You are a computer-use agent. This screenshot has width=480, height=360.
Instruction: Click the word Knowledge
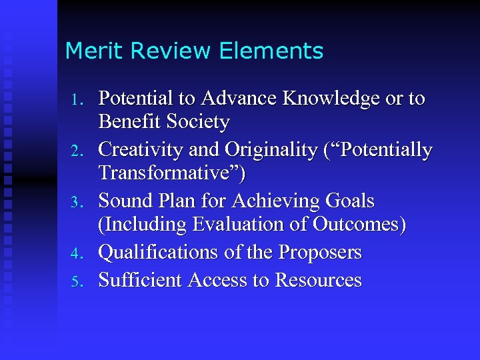[328, 99]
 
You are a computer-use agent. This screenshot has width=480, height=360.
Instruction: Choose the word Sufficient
[141, 280]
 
